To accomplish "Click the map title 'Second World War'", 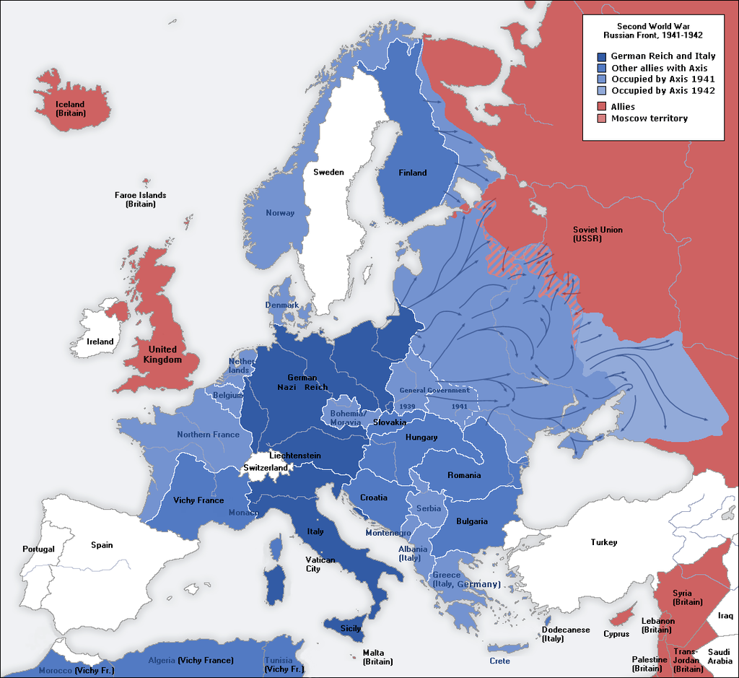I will click(652, 25).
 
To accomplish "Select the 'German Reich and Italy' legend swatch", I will click(602, 56).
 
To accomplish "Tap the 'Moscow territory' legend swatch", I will click(602, 118).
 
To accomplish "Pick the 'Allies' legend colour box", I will click(602, 107).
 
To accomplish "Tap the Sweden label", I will click(328, 172).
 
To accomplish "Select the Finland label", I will click(412, 173).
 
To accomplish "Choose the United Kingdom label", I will click(162, 355).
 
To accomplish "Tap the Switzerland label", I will click(266, 468).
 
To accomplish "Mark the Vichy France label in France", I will click(198, 500).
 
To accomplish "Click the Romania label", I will click(464, 475).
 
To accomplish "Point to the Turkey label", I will click(603, 542).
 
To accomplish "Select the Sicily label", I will click(351, 628).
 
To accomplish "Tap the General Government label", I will click(434, 390).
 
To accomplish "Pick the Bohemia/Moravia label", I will click(347, 418).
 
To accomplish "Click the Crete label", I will click(499, 661).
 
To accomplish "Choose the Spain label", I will click(102, 545).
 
